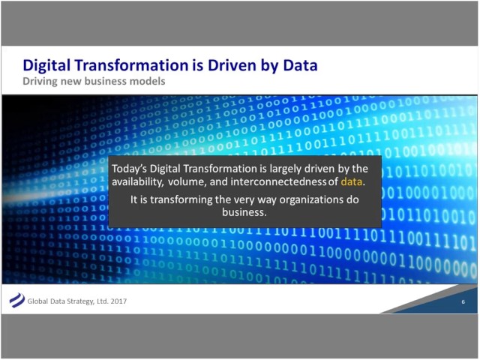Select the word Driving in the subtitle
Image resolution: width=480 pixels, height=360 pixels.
click(x=42, y=80)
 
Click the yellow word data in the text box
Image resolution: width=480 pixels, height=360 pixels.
click(x=351, y=182)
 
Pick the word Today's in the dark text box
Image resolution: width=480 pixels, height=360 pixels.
click(x=132, y=169)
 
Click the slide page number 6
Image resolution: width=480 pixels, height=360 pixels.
click(x=463, y=301)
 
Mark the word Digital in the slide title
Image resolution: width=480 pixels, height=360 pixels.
click(x=46, y=65)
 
